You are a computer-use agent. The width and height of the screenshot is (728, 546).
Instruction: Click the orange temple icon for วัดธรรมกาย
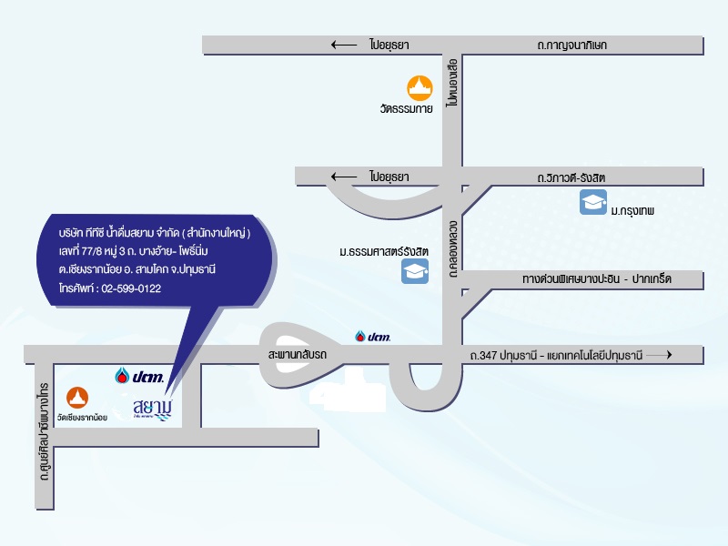420,88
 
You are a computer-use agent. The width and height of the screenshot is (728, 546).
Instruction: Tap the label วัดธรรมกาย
406,109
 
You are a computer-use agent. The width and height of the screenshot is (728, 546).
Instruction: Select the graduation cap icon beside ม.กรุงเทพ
593,202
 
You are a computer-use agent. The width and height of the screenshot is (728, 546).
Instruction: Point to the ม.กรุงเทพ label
632,211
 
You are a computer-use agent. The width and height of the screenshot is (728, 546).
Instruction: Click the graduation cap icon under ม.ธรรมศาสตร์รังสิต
415,271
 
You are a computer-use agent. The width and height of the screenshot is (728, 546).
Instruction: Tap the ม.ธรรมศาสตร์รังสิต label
383,252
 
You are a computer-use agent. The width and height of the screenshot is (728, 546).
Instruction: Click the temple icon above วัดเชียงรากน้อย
77,398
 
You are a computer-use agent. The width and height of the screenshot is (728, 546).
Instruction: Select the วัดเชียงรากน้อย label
82,418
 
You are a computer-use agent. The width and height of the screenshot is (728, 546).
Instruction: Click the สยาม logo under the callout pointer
153,409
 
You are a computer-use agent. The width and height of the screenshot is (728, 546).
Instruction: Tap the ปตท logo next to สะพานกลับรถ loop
372,337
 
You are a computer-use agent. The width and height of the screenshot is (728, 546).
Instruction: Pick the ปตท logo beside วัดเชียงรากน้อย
139,376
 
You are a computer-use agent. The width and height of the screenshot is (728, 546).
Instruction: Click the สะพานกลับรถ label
298,355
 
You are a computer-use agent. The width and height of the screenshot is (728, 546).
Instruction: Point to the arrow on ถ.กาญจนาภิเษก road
344,45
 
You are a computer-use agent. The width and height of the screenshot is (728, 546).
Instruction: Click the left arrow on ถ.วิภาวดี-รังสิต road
344,177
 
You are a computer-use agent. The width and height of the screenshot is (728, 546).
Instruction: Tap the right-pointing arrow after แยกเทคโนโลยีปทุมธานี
659,355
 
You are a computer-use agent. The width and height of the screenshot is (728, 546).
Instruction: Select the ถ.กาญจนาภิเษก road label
572,45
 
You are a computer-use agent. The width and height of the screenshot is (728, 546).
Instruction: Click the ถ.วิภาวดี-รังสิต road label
571,177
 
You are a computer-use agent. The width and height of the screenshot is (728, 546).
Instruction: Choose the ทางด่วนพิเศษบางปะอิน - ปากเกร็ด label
597,279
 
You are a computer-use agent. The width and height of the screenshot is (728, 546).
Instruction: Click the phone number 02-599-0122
131,288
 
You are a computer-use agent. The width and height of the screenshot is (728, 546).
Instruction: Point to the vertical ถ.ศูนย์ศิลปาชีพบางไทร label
44,431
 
